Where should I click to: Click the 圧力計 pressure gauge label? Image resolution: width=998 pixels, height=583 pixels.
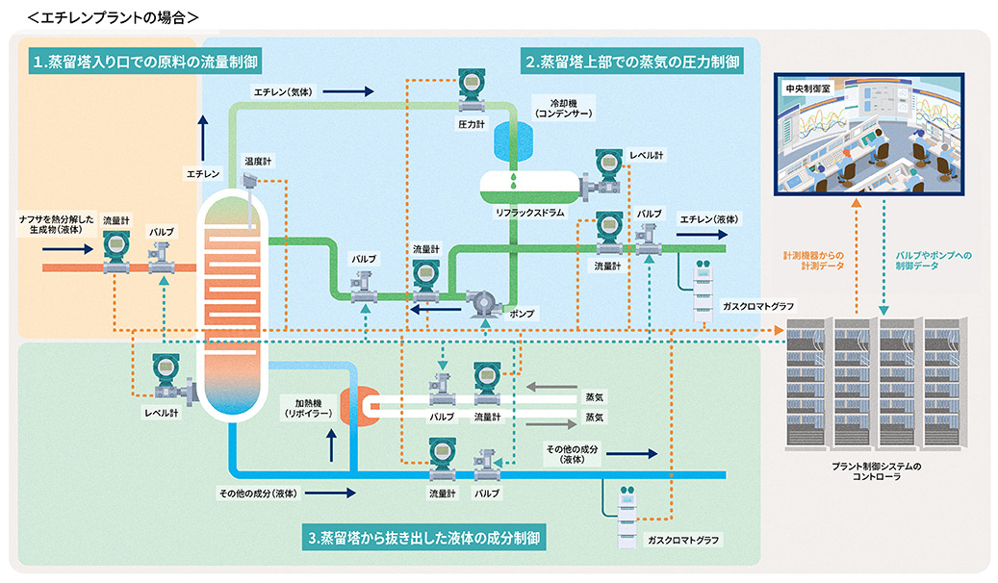[469, 125]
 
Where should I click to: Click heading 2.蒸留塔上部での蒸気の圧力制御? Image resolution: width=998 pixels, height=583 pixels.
[631, 63]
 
